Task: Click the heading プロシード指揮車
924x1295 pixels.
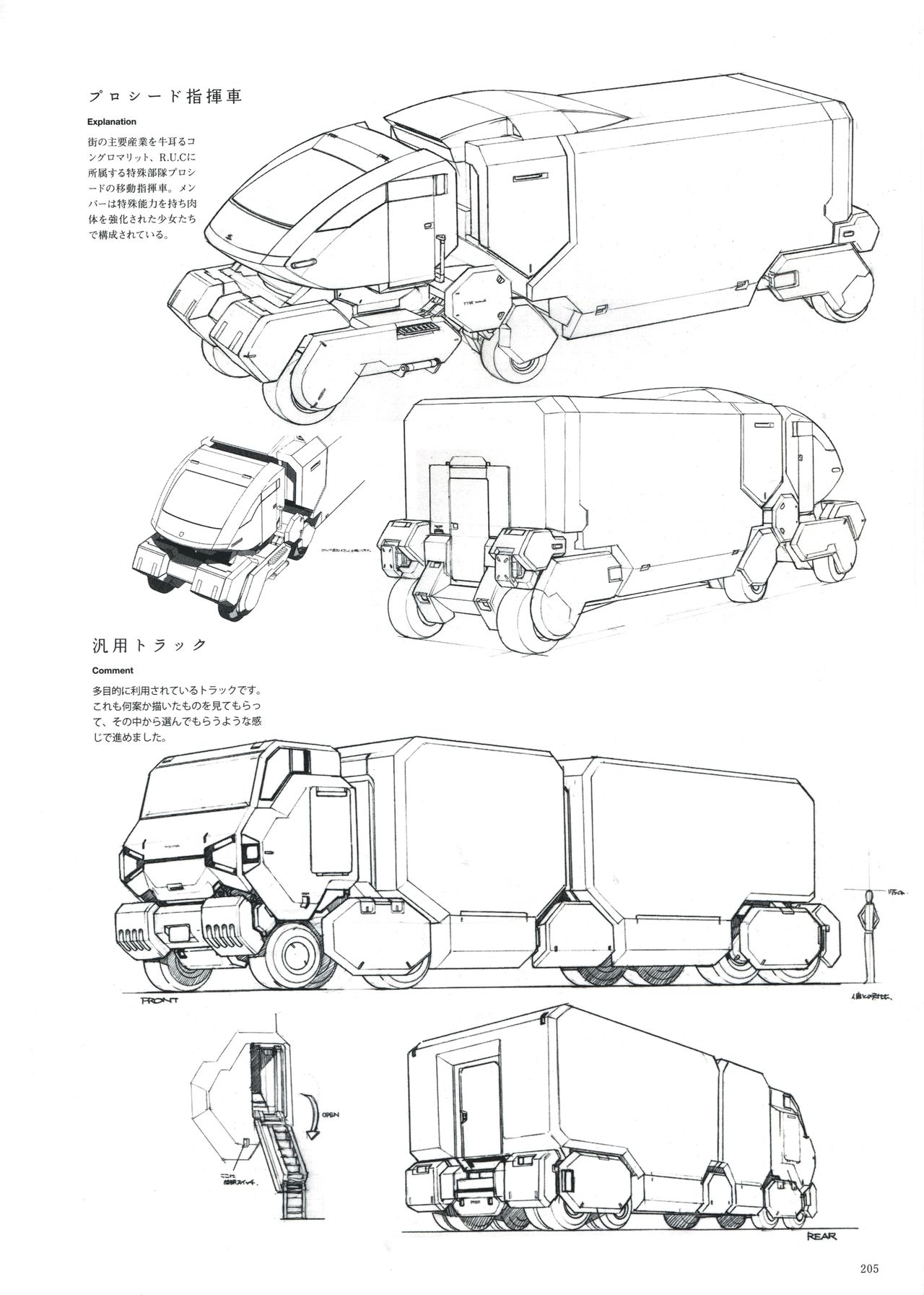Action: [x=165, y=97]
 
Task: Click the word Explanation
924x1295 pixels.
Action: [x=112, y=122]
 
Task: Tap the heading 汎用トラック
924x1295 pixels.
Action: [x=149, y=645]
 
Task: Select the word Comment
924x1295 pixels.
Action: [x=113, y=670]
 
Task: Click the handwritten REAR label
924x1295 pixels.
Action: [x=819, y=1236]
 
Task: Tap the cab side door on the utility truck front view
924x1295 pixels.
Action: [x=330, y=831]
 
